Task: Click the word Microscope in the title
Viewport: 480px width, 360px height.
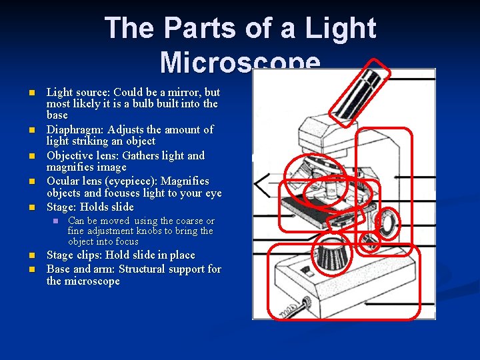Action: tap(240, 63)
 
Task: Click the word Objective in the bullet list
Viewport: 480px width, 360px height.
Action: tap(69, 155)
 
